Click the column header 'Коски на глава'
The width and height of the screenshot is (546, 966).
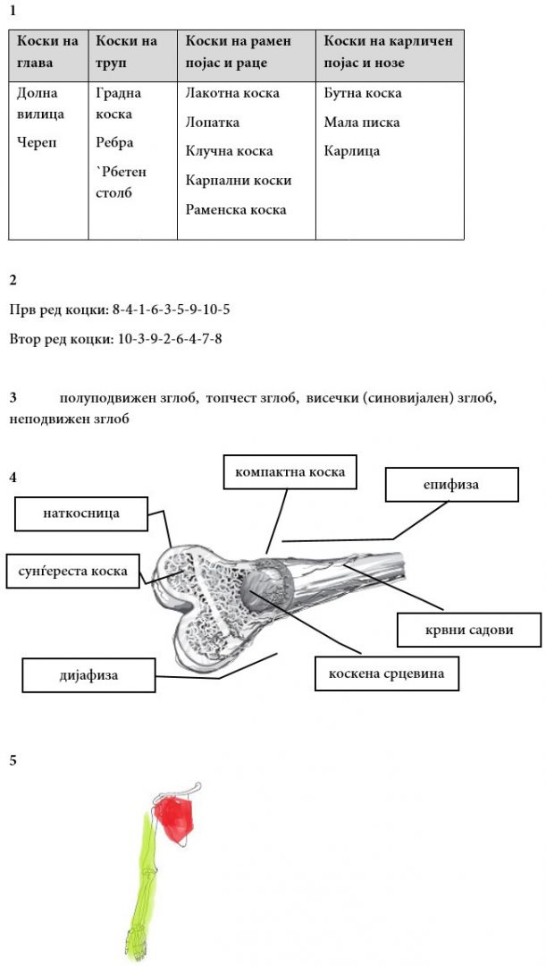[47, 52]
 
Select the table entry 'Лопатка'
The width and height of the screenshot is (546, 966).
[212, 123]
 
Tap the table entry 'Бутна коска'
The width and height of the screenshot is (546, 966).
[362, 93]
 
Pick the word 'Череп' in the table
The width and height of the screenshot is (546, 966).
[37, 143]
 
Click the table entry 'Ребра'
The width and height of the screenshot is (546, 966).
[114, 143]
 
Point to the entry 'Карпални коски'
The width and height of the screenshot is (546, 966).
[238, 180]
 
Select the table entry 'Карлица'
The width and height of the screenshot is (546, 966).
[351, 151]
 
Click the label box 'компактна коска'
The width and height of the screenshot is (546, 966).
[290, 471]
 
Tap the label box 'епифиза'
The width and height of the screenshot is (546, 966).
[451, 485]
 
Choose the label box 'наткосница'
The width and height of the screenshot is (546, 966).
[81, 513]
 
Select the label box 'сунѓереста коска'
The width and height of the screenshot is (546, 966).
[72, 570]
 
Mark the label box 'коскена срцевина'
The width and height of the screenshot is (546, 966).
[386, 674]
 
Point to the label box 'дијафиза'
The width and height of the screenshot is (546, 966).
[82, 675]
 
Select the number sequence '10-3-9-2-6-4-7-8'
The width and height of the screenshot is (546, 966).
[169, 339]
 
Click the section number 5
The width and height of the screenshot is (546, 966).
[13, 760]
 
